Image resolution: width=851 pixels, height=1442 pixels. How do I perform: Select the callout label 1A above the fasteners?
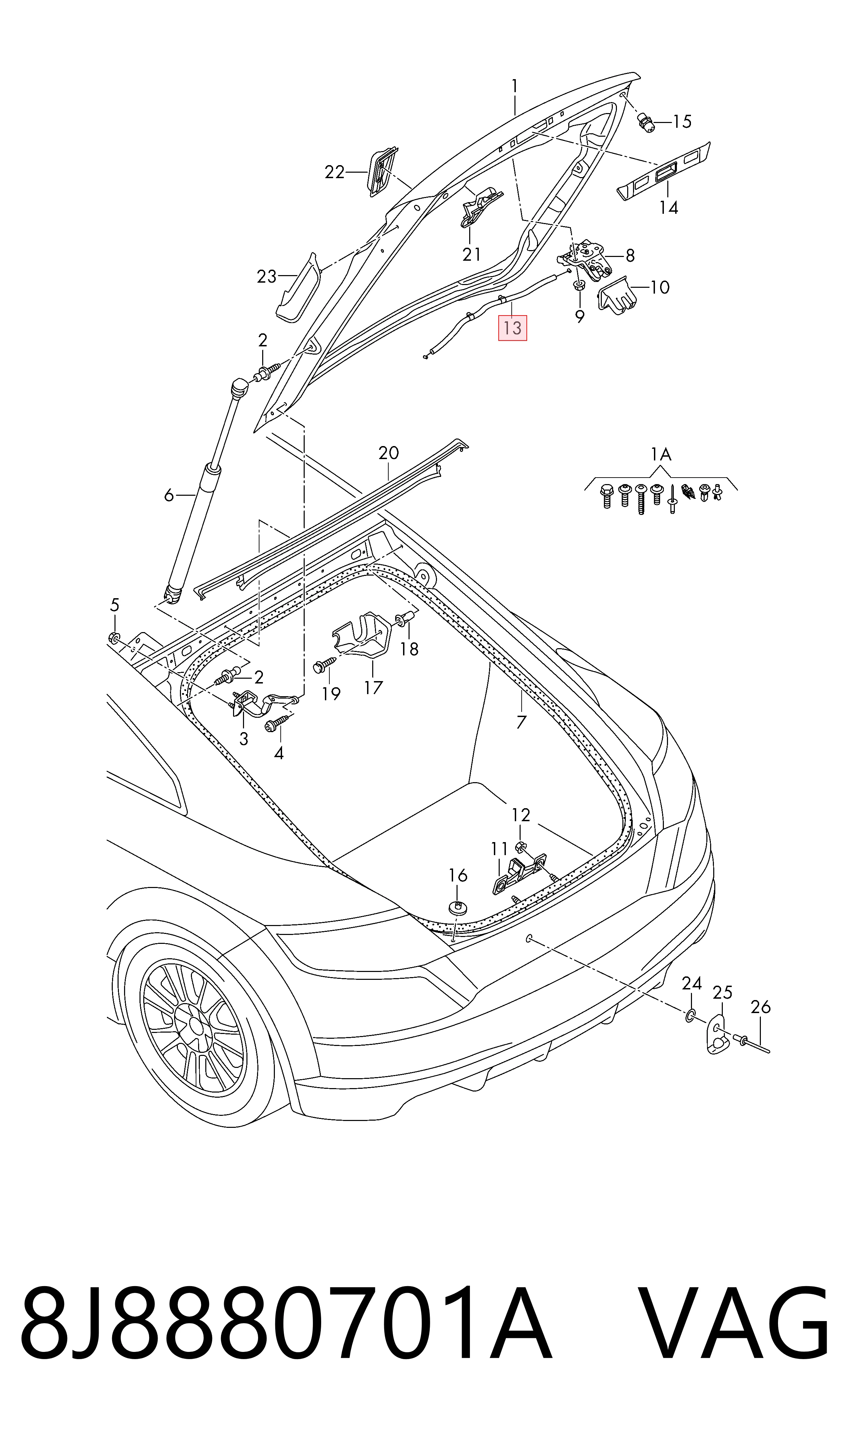(661, 455)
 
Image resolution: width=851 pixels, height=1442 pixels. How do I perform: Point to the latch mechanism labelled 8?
(586, 259)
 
